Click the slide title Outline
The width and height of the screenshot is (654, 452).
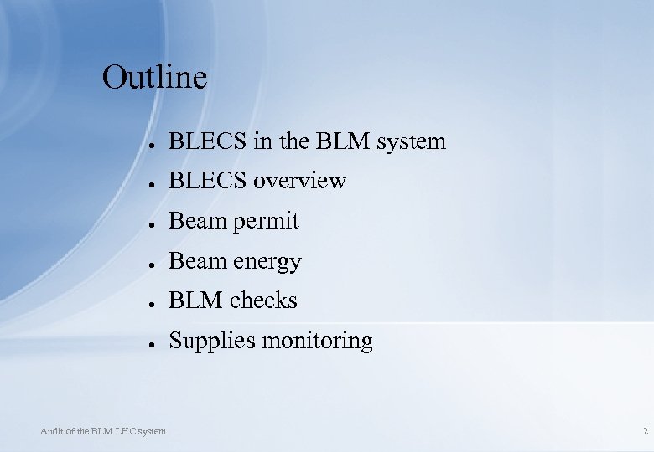(x=154, y=78)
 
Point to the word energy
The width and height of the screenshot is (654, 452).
(x=269, y=262)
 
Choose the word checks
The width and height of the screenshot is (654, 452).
(x=264, y=300)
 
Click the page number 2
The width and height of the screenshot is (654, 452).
(x=645, y=431)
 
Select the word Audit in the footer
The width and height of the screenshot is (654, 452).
(x=51, y=431)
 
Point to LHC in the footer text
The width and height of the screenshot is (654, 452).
(x=122, y=431)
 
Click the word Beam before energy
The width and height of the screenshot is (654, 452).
(x=192, y=262)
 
